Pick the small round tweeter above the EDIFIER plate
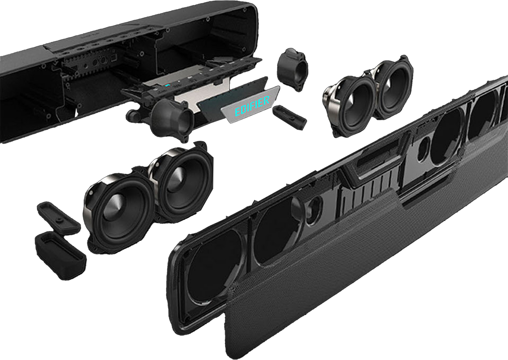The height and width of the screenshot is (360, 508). pos(292,69)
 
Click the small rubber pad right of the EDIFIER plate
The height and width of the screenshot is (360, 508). pos(290,117)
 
